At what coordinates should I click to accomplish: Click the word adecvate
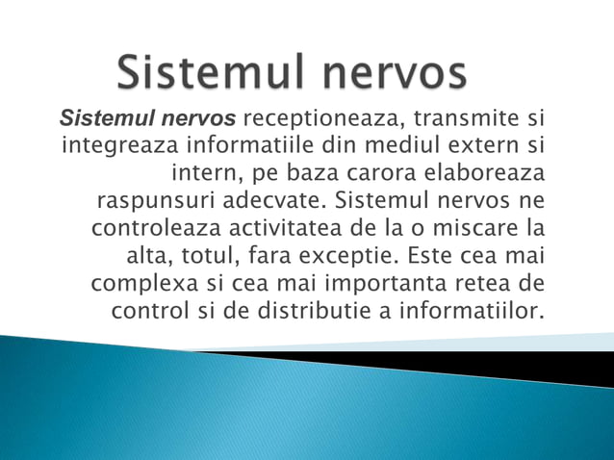point(272,203)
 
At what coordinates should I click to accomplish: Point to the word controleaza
point(160,231)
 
